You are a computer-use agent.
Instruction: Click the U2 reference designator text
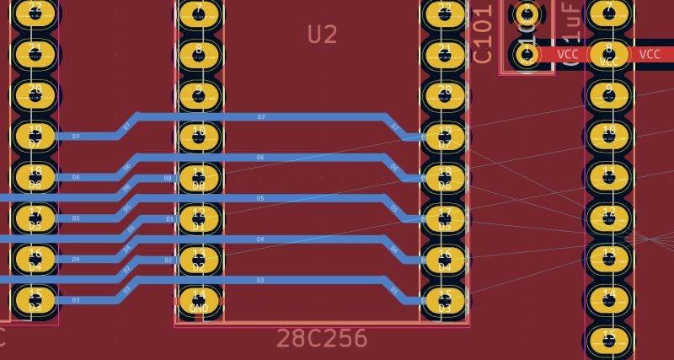pos(322,35)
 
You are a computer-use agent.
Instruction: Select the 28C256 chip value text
pos(322,338)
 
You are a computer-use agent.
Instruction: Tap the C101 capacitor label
pos(482,34)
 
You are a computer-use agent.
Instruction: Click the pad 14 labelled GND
pos(199,300)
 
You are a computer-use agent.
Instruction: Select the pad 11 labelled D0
pos(199,177)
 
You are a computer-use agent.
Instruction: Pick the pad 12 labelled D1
pos(199,218)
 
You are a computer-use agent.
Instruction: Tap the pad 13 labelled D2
pos(199,259)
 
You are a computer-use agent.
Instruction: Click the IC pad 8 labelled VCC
pos(609,54)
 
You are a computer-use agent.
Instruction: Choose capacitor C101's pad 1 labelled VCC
pos(527,54)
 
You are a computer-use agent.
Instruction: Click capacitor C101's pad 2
pos(527,13)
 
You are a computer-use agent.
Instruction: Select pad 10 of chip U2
pos(199,136)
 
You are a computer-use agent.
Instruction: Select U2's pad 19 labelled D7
pos(444,136)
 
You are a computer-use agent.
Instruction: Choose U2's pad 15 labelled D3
pos(444,300)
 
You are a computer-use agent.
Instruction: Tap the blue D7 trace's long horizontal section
pos(261,116)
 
